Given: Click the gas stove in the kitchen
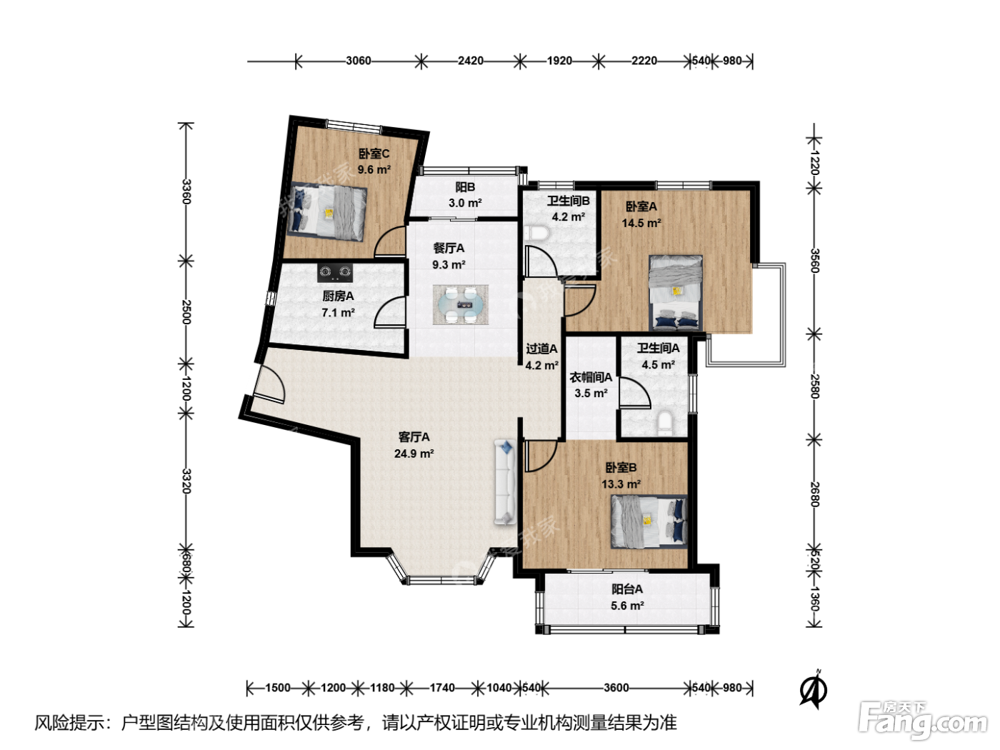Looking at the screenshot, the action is pos(335,272).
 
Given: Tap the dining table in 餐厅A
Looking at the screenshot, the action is pos(461,305).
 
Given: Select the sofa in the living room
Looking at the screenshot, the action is pos(505,481).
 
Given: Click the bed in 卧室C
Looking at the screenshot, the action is pos(328,211).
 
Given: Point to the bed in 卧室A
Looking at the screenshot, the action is pos(676,292).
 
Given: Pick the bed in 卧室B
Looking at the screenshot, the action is pos(649,521).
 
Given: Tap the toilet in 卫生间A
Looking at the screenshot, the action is pos(665,422).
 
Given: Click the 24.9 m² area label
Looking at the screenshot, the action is pos(414,454).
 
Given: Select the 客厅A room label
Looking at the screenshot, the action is pos(414,437).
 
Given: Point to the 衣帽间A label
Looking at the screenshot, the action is pos(591,377).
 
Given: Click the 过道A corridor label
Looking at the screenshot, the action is pos(541,349).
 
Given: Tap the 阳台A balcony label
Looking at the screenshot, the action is pos(627,589).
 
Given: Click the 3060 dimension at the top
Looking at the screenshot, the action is pos(358,61).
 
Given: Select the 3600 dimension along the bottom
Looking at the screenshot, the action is pos(616,688).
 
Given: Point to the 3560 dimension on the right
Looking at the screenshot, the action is pos(814,261).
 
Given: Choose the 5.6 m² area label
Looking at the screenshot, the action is pos(627,606).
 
